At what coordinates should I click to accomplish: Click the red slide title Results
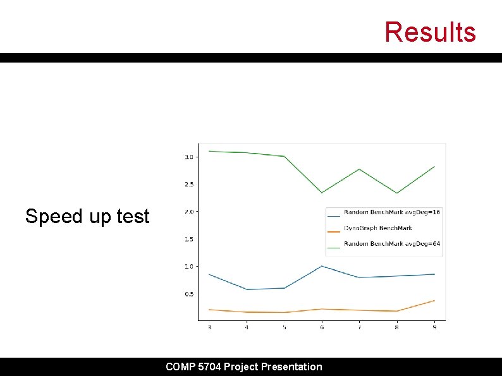click(x=430, y=32)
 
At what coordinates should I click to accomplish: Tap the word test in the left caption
click(x=133, y=217)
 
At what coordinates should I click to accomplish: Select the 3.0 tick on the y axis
click(x=188, y=157)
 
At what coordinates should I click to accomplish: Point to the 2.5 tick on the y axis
click(x=188, y=185)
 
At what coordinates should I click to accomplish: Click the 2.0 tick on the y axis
click(x=188, y=212)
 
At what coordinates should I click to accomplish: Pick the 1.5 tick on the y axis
click(x=188, y=240)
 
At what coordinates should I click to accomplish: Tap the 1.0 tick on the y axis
click(x=188, y=267)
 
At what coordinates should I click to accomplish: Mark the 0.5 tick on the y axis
click(x=188, y=294)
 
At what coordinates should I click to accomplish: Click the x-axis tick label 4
click(x=247, y=327)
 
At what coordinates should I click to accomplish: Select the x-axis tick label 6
click(x=322, y=327)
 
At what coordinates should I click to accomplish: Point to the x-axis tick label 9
click(x=434, y=327)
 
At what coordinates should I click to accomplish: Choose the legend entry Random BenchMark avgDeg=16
click(x=391, y=212)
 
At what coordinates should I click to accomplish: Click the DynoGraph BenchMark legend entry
click(x=377, y=228)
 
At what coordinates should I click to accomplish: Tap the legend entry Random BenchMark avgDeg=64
click(x=391, y=244)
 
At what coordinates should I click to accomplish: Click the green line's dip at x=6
click(x=321, y=193)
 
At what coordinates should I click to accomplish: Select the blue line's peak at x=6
click(x=321, y=266)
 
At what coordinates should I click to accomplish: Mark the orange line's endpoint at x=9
click(x=434, y=300)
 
